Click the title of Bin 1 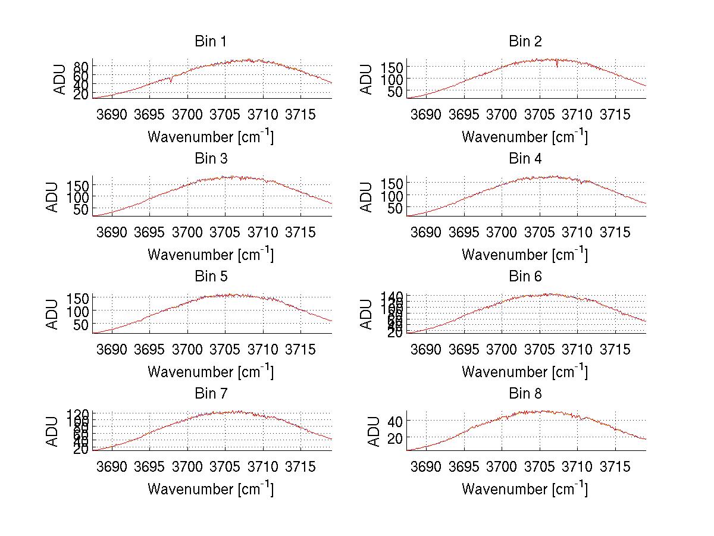(211, 42)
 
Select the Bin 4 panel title (525, 159)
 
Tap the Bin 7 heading (211, 394)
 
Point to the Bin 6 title (525, 277)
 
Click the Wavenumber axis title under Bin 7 (211, 489)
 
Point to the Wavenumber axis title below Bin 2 (525, 137)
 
